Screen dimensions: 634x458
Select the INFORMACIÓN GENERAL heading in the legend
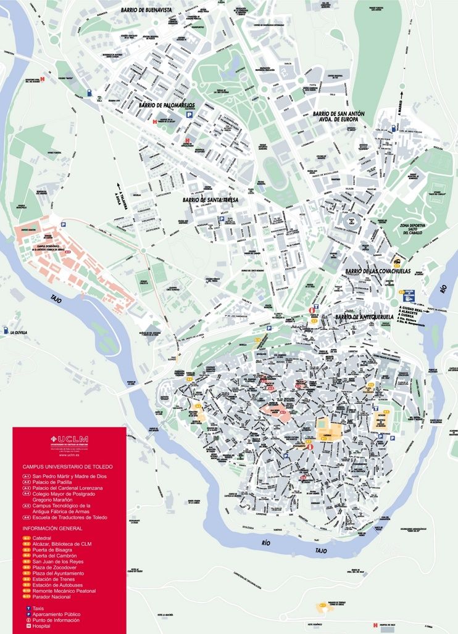click(52, 529)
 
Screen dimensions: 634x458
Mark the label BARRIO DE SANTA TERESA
click(210, 200)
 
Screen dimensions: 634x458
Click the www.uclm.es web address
click(69, 455)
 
